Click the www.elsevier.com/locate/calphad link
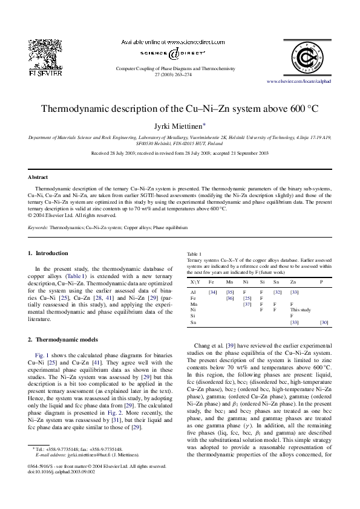coord(305,81)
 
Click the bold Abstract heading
coord(38,177)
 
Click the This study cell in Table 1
coord(300,310)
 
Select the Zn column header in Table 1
coord(293,282)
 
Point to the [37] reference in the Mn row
coord(247,304)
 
